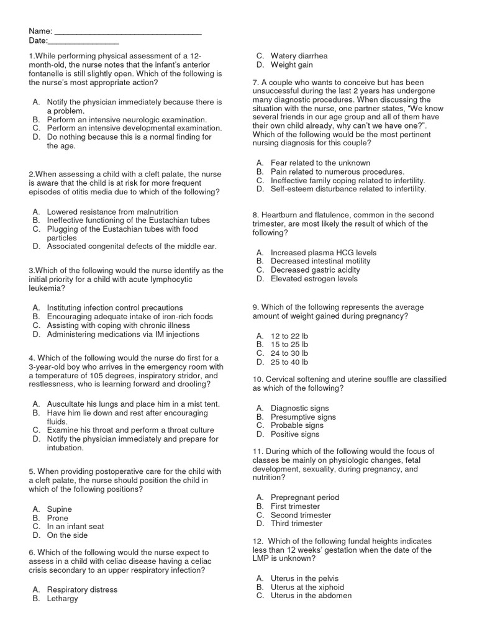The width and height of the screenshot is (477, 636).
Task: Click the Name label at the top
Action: pyautogui.click(x=40, y=32)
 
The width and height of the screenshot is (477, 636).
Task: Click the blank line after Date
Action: pyautogui.click(x=83, y=41)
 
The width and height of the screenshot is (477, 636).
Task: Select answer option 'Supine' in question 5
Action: pyautogui.click(x=60, y=509)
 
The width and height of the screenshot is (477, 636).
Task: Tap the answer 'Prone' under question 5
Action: pyautogui.click(x=58, y=518)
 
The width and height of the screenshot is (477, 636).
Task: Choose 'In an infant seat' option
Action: pyautogui.click(x=75, y=527)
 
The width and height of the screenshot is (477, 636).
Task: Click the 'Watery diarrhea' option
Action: pyautogui.click(x=299, y=56)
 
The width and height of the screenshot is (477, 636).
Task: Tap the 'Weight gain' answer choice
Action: pyautogui.click(x=292, y=65)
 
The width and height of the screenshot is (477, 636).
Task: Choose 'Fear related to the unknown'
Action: pyautogui.click(x=320, y=163)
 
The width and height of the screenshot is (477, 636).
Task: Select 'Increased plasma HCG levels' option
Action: pyautogui.click(x=324, y=253)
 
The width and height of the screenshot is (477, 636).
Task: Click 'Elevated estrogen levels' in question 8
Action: pyautogui.click(x=314, y=279)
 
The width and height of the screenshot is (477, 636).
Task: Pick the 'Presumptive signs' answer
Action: pyautogui.click(x=303, y=417)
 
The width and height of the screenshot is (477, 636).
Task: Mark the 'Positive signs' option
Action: pyautogui.click(x=295, y=434)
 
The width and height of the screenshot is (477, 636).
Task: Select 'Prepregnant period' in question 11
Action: pyautogui.click(x=305, y=497)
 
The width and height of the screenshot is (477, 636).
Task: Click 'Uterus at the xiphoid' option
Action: pyautogui.click(x=307, y=587)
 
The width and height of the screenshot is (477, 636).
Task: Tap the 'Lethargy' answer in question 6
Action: pyautogui.click(x=63, y=599)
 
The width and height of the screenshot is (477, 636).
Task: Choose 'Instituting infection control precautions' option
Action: pyautogui.click(x=115, y=307)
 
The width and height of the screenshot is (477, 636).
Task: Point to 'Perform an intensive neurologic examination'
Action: pyautogui.click(x=127, y=119)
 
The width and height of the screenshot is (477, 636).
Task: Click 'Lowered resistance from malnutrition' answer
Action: pyautogui.click(x=112, y=212)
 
